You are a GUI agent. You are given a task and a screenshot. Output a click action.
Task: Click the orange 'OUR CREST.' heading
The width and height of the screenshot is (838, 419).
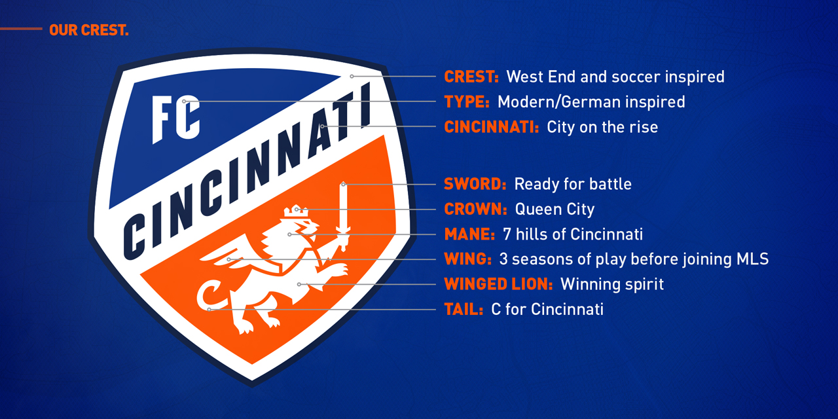(89, 30)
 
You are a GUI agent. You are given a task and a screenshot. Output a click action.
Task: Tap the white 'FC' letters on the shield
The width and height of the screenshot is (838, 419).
(176, 118)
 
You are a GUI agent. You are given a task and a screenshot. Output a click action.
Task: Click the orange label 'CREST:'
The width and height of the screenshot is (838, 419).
(471, 77)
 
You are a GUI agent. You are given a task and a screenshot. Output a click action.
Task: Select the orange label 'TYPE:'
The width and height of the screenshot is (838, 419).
(467, 101)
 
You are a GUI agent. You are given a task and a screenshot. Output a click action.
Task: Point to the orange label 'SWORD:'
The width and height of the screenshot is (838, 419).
(475, 184)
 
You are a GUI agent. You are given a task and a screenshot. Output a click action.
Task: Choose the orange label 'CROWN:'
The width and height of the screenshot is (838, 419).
(475, 209)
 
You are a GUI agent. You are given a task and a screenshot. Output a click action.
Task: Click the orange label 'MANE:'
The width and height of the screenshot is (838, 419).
(469, 234)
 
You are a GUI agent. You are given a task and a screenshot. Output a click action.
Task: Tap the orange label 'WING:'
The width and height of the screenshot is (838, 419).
(467, 259)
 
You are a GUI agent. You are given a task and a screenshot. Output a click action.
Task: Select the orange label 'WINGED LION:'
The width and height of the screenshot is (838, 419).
(498, 284)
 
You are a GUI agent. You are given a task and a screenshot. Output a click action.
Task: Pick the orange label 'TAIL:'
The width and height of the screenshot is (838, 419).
(464, 310)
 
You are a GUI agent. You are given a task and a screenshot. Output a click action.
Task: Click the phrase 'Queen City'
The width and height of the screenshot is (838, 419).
(555, 209)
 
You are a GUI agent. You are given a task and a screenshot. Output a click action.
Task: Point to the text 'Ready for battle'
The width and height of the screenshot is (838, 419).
(573, 184)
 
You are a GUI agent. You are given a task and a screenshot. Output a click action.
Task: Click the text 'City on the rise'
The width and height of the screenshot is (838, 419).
(602, 127)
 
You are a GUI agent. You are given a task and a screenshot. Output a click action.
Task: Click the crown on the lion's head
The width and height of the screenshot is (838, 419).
(296, 211)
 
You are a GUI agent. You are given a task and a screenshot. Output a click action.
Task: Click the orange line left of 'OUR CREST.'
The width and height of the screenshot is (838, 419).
(21, 29)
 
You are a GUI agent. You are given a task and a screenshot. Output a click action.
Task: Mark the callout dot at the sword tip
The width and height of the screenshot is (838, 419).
(344, 185)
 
